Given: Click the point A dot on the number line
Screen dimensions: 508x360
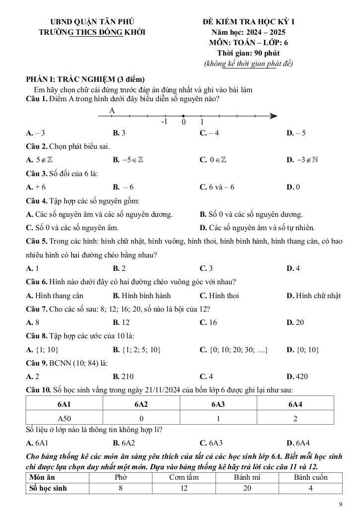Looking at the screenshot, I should pyautogui.click(x=112, y=116).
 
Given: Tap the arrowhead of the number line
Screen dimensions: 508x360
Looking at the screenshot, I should pyautogui.click(x=273, y=116).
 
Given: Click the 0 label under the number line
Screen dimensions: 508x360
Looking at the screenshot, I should pyautogui.click(x=184, y=122).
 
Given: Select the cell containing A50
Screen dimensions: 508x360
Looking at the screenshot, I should pyautogui.click(x=65, y=418).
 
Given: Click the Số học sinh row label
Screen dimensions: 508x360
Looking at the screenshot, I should pyautogui.click(x=48, y=488).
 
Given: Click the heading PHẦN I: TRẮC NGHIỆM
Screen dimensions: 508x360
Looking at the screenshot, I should pyautogui.click(x=85, y=80).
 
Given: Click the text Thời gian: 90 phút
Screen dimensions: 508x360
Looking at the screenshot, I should pyautogui.click(x=248, y=53).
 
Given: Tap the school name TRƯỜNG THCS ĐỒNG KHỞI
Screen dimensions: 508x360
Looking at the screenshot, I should pyautogui.click(x=92, y=32).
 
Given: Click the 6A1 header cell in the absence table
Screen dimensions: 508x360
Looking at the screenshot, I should pyautogui.click(x=65, y=404).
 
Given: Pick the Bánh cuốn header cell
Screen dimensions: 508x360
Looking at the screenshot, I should pyautogui.click(x=310, y=477).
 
